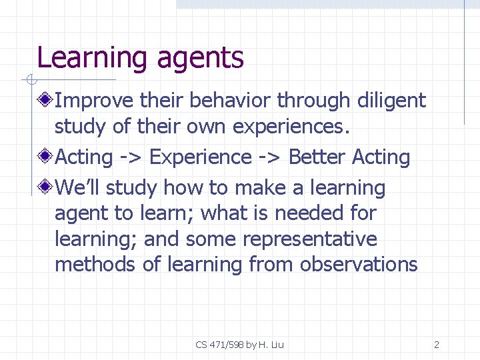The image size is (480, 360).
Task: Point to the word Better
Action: tap(317, 157)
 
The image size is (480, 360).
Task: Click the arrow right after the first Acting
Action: tap(131, 158)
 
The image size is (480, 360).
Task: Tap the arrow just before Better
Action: tap(270, 158)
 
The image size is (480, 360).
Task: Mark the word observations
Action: tap(359, 265)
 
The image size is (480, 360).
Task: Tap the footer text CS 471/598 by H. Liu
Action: tap(240, 345)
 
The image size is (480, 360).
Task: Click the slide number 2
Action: tap(436, 345)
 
